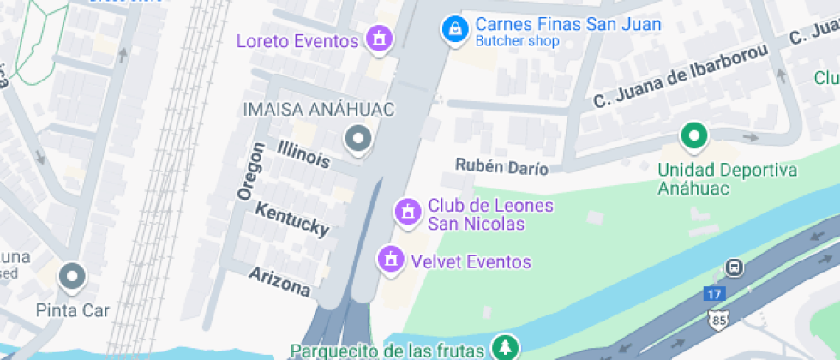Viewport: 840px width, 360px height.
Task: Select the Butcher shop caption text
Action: click(x=517, y=41)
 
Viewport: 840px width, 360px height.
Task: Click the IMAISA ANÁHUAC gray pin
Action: click(x=357, y=138)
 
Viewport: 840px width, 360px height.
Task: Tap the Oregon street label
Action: click(x=249, y=171)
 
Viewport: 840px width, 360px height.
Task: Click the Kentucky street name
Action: click(x=292, y=219)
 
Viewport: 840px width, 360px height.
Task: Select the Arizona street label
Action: click(x=279, y=281)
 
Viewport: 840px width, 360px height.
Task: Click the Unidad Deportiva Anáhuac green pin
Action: click(x=693, y=135)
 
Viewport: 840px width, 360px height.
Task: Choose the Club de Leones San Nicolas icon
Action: click(x=406, y=211)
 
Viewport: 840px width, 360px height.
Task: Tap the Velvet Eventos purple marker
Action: click(x=391, y=258)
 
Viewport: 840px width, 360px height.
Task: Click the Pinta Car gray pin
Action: click(x=73, y=276)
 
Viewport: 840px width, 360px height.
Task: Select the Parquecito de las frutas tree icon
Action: click(x=505, y=347)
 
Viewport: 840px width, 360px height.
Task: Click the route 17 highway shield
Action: click(x=713, y=293)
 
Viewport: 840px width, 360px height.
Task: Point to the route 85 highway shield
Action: click(x=718, y=320)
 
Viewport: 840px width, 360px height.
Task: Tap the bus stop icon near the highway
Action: click(x=734, y=267)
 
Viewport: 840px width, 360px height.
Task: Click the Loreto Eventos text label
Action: click(x=297, y=41)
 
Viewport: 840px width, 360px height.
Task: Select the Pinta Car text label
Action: click(x=73, y=309)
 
